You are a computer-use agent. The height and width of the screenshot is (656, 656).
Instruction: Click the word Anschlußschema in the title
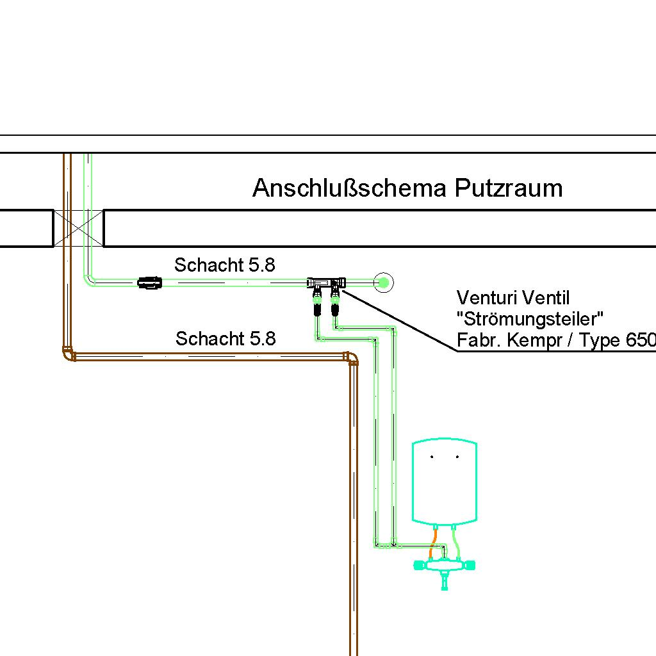point(350,188)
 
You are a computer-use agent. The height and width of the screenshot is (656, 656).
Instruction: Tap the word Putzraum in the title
point(509,188)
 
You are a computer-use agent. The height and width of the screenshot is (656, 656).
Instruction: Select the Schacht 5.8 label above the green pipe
point(225,265)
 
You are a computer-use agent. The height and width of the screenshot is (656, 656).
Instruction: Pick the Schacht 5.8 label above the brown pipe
point(225,338)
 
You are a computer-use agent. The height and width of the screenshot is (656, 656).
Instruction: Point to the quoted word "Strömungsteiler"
point(530,319)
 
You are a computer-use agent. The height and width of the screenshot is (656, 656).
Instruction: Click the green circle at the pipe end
point(383,283)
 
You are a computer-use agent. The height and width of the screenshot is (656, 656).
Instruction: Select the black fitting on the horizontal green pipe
point(150,283)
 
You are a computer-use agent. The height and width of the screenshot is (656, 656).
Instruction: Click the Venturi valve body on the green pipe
point(326,283)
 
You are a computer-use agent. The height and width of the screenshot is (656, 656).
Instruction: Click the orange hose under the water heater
point(433,543)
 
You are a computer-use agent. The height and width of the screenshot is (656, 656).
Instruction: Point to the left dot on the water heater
point(432,457)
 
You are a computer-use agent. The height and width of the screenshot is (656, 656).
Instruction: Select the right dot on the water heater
point(457,457)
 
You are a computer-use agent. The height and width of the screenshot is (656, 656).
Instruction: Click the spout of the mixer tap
point(445,580)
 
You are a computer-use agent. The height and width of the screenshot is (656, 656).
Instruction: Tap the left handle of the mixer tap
point(419,566)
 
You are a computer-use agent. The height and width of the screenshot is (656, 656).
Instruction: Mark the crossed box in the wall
point(79,229)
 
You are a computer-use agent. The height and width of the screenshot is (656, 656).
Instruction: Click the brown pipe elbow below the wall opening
point(69,354)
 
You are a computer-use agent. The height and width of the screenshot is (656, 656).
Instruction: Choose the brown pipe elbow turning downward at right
point(352,358)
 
